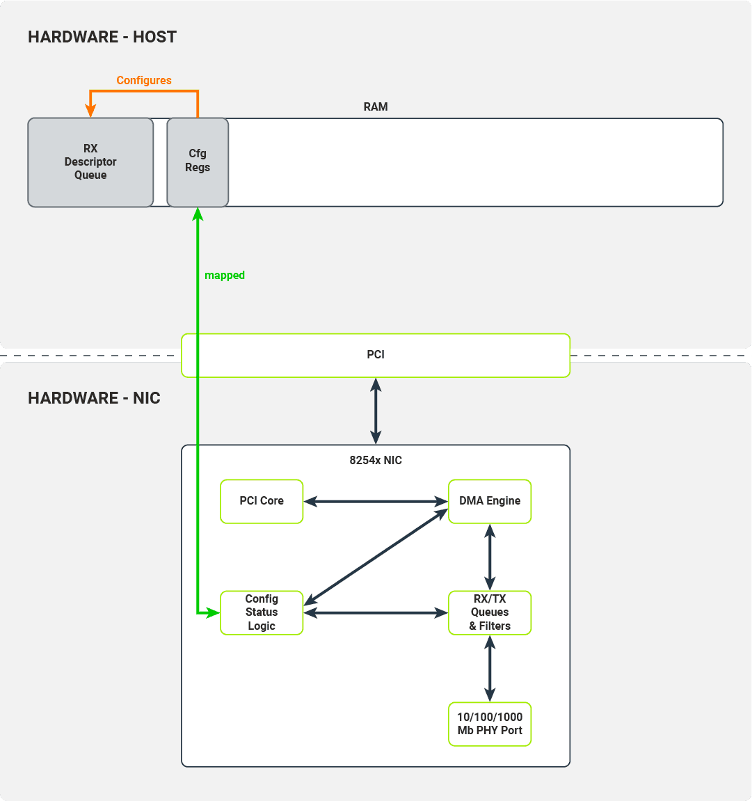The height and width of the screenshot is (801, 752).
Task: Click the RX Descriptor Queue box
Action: pos(90,162)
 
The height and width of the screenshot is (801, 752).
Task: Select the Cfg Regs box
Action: pos(198,161)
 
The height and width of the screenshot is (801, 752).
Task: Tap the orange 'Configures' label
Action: pos(144,81)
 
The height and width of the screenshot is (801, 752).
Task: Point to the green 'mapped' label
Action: pos(224,276)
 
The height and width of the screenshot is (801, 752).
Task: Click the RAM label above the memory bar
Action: pos(376,107)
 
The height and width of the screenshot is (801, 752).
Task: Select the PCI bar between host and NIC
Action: pos(376,355)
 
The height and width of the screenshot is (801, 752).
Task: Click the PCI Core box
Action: pos(262,501)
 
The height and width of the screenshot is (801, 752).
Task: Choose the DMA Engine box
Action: pos(490,501)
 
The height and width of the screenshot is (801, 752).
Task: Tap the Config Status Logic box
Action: pos(262,612)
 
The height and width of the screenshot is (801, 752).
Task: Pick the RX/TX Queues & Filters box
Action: pos(490,612)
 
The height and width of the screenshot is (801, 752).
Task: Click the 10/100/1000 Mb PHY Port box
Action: pos(490,724)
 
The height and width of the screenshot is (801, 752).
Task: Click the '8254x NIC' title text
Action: pos(376,461)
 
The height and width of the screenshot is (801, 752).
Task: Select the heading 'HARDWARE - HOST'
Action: pos(102,37)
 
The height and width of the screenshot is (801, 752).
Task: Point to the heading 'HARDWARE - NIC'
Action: pos(94,398)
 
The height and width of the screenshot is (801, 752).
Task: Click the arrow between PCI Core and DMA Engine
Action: pos(376,501)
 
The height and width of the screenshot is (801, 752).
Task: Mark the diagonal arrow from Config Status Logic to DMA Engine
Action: pos(376,557)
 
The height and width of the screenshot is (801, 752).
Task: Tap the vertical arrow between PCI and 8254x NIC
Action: pos(376,411)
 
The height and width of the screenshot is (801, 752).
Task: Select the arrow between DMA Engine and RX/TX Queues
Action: pos(490,557)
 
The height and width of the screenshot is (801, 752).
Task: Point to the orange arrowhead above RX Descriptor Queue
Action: pos(90,111)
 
